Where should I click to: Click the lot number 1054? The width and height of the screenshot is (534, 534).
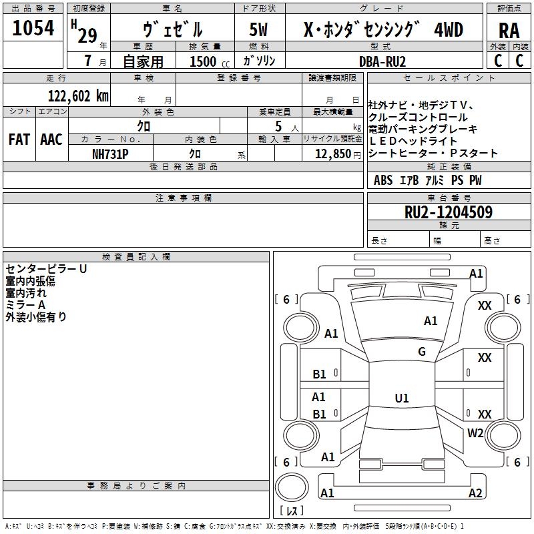(33, 28)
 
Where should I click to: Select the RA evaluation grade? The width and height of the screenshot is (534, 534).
(509, 31)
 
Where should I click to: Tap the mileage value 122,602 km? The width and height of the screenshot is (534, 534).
(78, 96)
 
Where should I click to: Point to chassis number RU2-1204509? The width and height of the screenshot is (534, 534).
(449, 213)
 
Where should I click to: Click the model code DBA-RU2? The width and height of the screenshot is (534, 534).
(382, 61)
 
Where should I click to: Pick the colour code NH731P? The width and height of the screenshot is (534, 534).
(110, 153)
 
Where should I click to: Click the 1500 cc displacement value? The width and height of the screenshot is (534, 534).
(204, 61)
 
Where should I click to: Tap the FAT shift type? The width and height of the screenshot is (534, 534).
(19, 140)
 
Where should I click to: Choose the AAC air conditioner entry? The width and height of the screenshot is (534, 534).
(51, 140)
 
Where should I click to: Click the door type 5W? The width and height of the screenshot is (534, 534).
(258, 31)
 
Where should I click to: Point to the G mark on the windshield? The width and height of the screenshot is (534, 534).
(422, 352)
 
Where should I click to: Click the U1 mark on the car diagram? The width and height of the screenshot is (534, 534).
(402, 398)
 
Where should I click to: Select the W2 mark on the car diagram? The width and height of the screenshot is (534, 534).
(475, 433)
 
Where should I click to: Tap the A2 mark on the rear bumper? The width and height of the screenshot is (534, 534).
(475, 493)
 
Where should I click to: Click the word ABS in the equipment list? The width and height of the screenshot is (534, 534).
(383, 180)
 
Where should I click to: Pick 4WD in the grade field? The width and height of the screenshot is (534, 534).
(449, 31)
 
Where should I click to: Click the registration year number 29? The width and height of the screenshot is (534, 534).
(87, 35)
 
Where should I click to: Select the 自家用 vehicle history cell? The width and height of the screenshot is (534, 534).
(143, 61)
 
